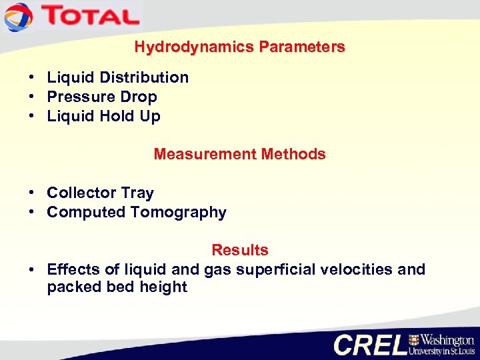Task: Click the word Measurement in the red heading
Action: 205,154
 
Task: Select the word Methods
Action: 293,154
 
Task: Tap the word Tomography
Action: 178,213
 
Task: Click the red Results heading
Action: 240,250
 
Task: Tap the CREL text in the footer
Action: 369,344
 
